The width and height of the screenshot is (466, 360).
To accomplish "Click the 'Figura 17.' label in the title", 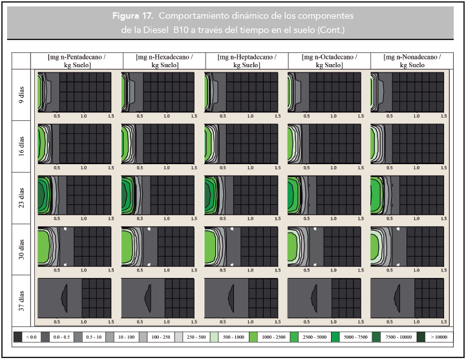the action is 132,16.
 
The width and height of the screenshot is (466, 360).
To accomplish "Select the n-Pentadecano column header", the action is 77,61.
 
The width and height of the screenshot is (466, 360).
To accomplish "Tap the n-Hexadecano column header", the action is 164,61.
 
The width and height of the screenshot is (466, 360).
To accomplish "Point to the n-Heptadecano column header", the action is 247,61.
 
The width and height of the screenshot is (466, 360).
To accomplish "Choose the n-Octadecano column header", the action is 329,61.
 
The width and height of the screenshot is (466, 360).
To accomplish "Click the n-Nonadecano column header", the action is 412,61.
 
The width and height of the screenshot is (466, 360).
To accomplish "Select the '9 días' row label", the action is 21,95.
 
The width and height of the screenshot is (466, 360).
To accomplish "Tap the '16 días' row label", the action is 21,146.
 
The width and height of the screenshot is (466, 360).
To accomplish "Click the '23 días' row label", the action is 21,198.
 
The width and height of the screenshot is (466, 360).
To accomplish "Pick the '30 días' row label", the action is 21,249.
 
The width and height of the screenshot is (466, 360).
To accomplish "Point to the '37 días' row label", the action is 21,301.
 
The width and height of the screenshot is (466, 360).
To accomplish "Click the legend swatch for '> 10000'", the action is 421,337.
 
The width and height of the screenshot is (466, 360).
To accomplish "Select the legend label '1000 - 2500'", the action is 273,337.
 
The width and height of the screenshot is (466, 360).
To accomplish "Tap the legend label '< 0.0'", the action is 31,337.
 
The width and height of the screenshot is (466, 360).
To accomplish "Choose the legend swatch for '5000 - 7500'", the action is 335,337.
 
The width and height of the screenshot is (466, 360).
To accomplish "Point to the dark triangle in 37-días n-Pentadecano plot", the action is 65,298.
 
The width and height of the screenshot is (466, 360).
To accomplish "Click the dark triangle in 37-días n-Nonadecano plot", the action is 397,298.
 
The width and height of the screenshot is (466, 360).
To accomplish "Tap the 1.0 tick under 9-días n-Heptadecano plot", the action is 250,116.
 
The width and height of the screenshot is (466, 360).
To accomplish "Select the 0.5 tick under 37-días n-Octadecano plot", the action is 306,322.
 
